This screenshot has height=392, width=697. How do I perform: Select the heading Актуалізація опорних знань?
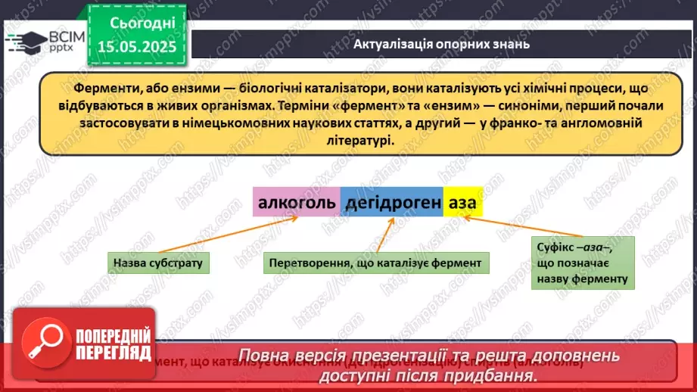[441, 44]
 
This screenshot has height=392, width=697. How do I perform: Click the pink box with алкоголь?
[296, 203]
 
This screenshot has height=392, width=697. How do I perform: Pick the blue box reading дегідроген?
[392, 203]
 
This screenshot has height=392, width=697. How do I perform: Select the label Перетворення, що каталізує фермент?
[376, 263]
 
